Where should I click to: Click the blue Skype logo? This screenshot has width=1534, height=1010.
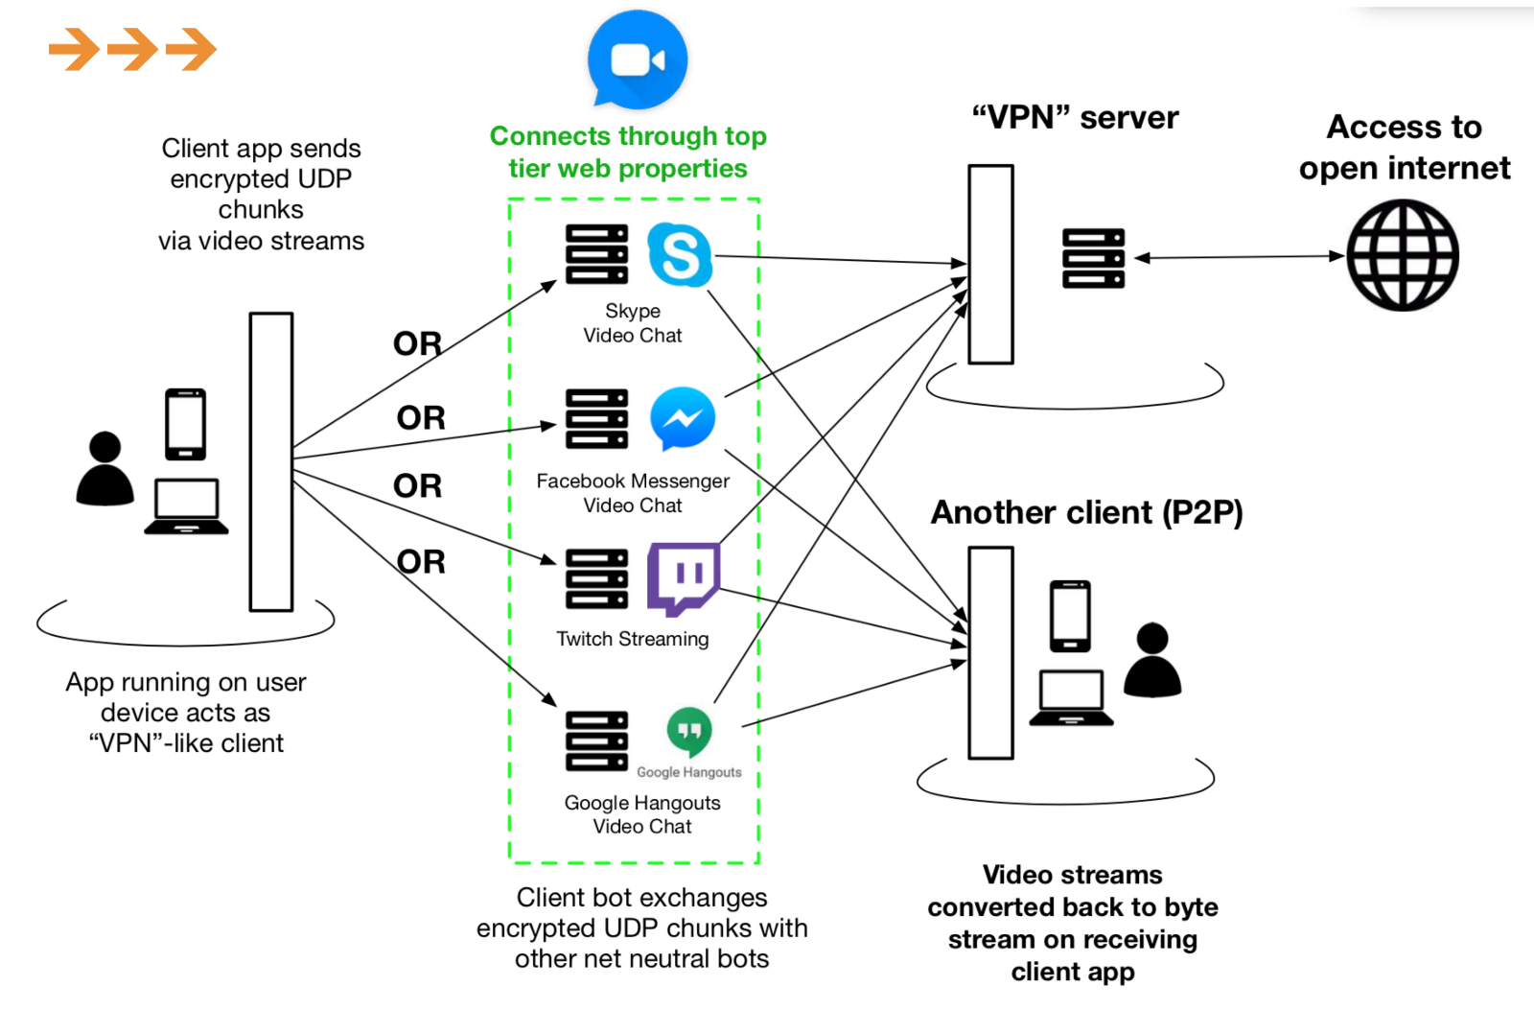[x=680, y=254]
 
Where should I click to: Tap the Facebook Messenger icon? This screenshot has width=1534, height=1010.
[x=683, y=418]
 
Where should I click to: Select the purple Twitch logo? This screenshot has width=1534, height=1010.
[x=683, y=578]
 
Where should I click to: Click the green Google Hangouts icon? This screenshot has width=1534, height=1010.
[x=689, y=732]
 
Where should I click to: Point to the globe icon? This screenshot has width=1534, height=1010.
[x=1403, y=255]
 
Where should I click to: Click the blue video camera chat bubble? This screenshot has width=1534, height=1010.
[x=638, y=59]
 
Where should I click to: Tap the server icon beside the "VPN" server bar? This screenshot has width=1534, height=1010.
[x=1093, y=258]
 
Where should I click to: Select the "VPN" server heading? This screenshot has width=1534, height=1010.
[x=1075, y=118]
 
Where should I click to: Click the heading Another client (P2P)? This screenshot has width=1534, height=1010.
[x=1086, y=512]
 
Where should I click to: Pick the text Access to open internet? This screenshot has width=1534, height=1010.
[x=1404, y=148]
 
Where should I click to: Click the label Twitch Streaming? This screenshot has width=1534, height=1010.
[x=633, y=639]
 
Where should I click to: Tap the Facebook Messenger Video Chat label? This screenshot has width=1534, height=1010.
[x=633, y=493]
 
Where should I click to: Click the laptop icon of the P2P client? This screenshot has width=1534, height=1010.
[x=1071, y=697]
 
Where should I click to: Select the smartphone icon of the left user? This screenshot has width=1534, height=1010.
[x=185, y=424]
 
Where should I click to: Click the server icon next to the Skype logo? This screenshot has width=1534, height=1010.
[x=596, y=254]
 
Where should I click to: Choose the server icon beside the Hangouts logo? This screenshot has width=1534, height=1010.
[x=596, y=740]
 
